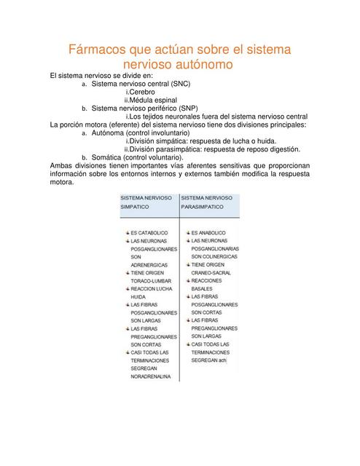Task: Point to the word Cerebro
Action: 141,92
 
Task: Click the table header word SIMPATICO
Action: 135,208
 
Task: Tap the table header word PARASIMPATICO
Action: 204,208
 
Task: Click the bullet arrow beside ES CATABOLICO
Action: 126,232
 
